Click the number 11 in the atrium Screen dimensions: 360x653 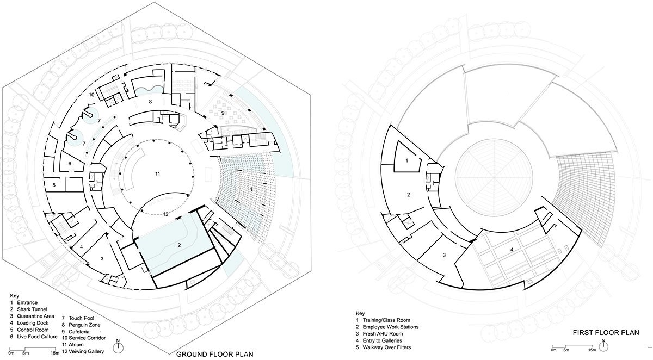pos(157,173)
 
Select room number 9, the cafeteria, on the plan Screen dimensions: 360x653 pos(223,113)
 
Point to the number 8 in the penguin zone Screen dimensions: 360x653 pos(150,102)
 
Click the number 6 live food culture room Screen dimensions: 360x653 pos(70,163)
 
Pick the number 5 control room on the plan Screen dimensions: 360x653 pos(55,185)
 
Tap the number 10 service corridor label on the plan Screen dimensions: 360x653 pos(93,95)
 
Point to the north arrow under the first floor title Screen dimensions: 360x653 pos(605,345)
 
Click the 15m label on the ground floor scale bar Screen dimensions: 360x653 pos(54,353)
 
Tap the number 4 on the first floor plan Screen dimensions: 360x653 pos(511,250)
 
